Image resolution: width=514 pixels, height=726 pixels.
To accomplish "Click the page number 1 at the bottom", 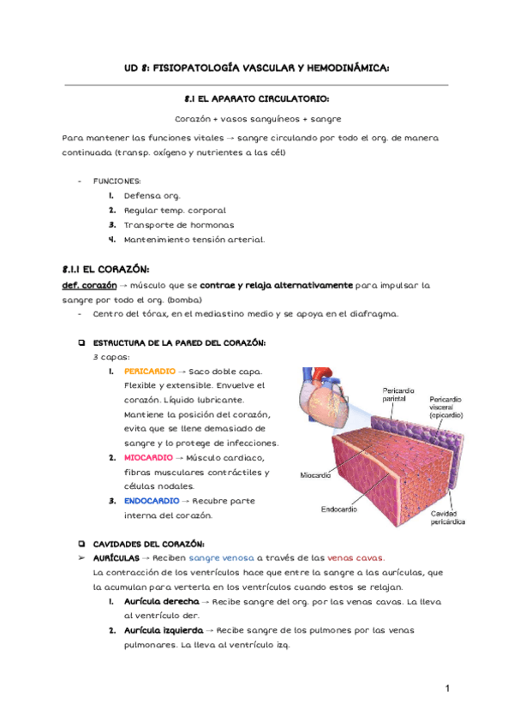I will (x=447, y=689).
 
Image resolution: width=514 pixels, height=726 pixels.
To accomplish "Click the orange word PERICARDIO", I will (x=148, y=372).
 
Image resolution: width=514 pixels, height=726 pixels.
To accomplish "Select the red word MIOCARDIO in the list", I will (x=148, y=457).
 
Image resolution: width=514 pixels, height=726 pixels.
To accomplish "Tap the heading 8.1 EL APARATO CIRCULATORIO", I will (x=257, y=98).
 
